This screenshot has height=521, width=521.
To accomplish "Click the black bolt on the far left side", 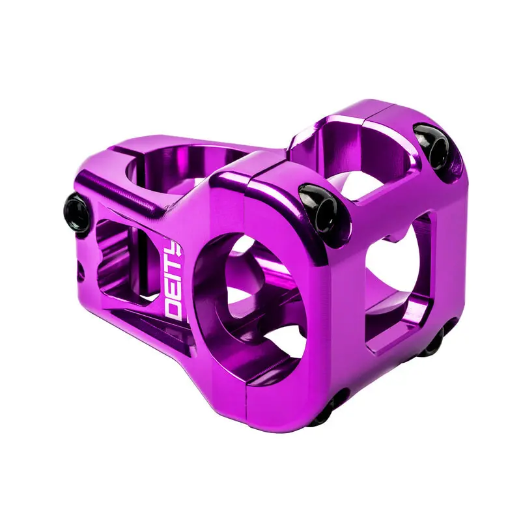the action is pos(77,214).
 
